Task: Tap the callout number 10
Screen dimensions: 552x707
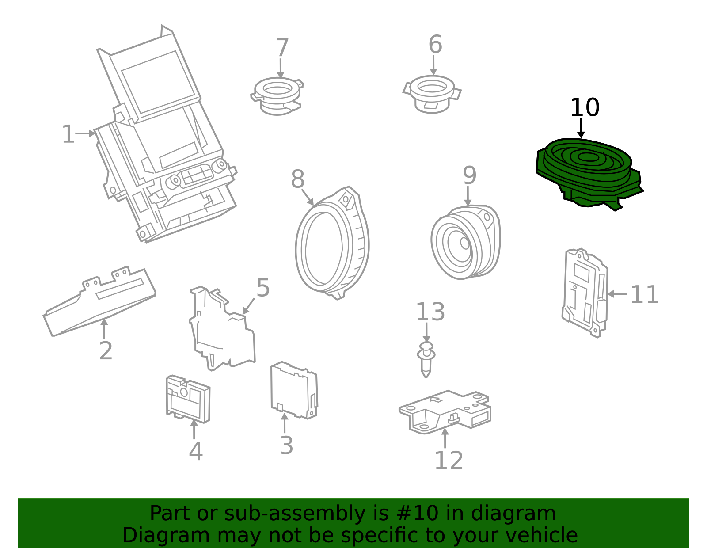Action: (x=584, y=108)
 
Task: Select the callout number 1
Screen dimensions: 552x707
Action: (x=68, y=134)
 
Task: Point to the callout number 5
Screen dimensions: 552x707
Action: (x=263, y=288)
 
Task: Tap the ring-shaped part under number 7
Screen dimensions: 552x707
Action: (x=277, y=95)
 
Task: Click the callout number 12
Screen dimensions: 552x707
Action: (x=449, y=461)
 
